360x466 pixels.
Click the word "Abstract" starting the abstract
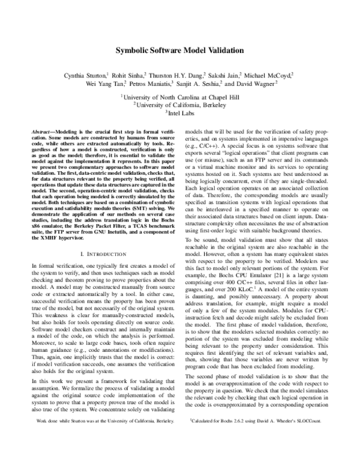43,130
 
